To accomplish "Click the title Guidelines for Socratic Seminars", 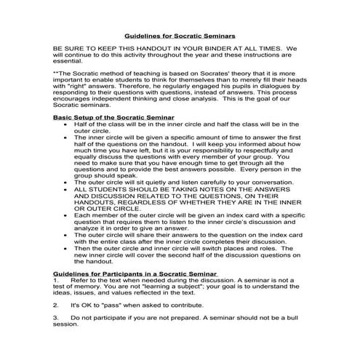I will pos(180,34).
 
